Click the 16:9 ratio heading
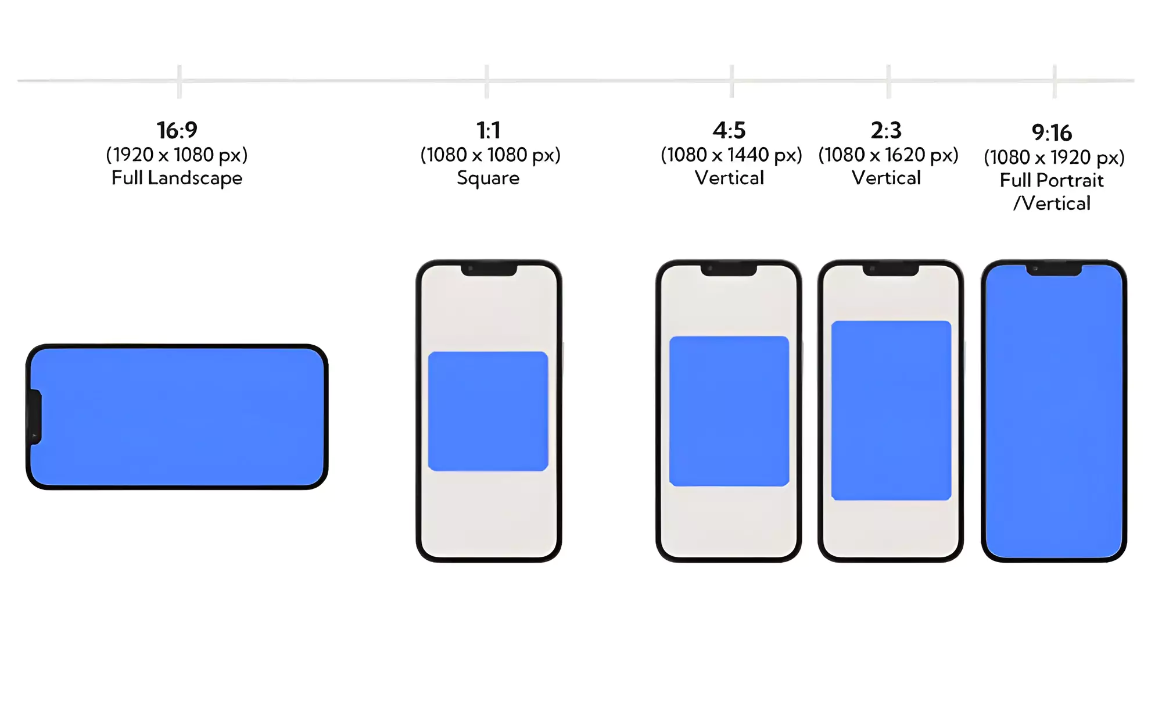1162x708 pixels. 177,130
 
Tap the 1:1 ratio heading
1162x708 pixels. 488,130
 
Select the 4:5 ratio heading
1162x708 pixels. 729,130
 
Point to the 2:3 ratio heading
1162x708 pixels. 886,130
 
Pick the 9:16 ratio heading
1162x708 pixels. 1052,133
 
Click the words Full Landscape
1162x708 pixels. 177,178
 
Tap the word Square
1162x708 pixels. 488,178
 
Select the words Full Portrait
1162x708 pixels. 1052,180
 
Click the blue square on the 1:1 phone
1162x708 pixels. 488,411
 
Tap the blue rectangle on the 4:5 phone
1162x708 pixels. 729,411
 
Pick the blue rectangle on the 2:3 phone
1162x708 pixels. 891,410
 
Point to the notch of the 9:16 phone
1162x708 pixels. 1054,270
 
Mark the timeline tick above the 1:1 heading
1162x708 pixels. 487,81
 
